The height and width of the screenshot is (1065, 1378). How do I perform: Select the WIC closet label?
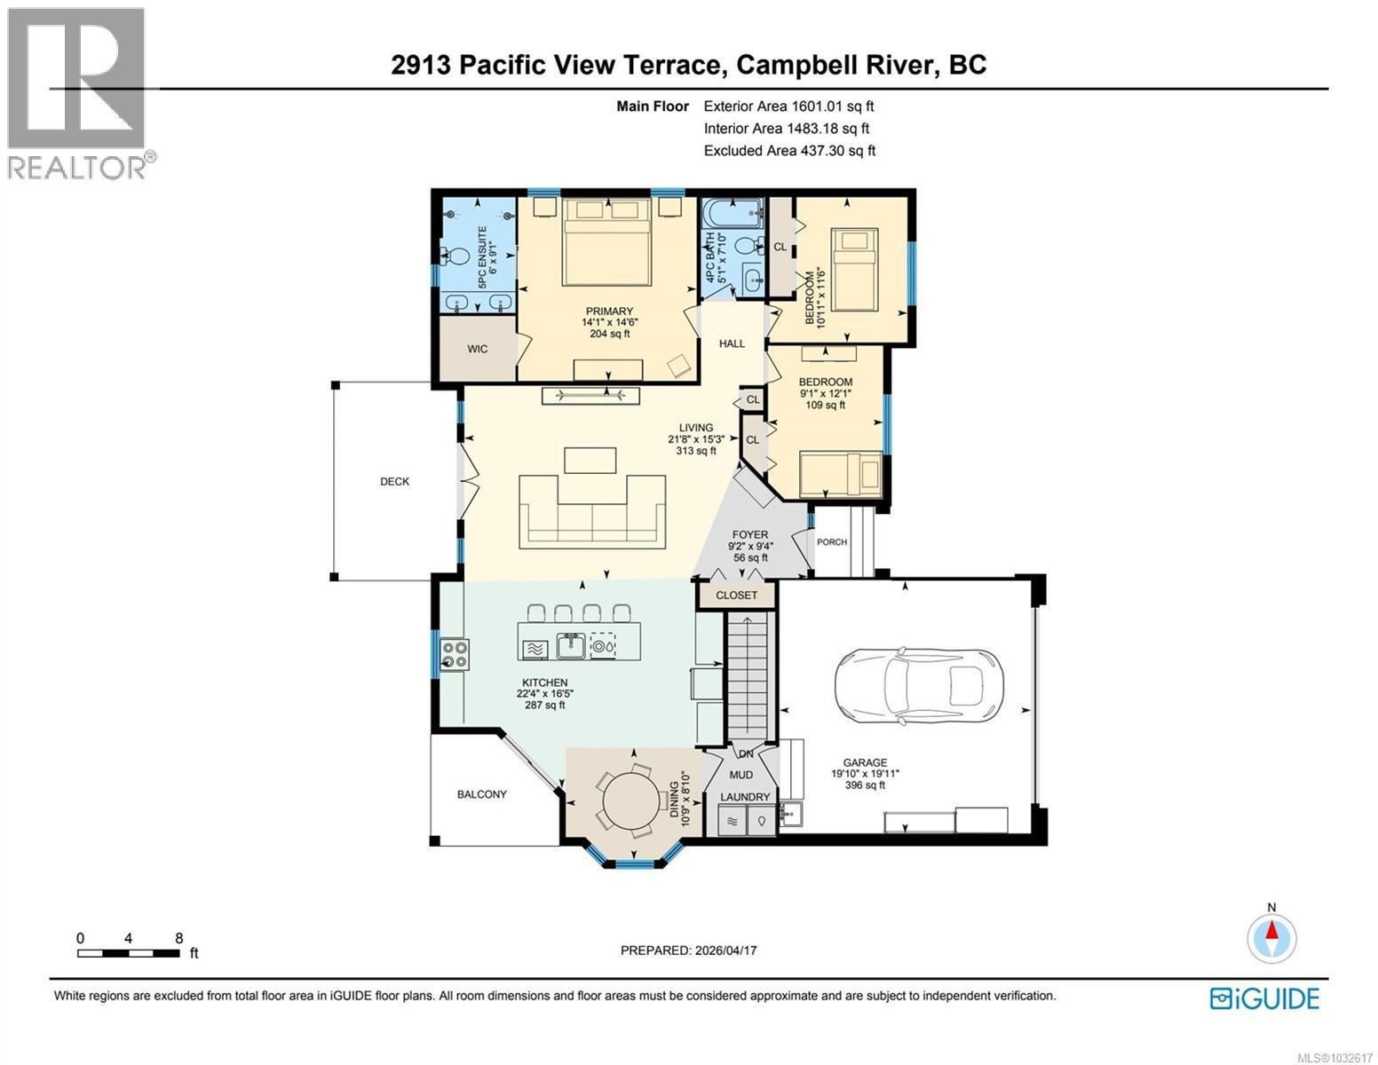tap(478, 349)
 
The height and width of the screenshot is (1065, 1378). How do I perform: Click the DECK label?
tap(395, 482)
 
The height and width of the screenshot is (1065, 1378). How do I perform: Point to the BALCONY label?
tap(481, 794)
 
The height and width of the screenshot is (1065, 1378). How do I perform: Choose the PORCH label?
tap(831, 542)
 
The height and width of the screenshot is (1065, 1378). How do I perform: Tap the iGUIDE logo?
tap(1264, 998)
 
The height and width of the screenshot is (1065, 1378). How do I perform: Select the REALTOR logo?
tap(76, 93)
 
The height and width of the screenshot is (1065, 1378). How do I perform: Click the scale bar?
tap(128, 953)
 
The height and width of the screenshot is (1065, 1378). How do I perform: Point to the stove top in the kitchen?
tap(454, 654)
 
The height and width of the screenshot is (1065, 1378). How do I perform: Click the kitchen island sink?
tap(570, 646)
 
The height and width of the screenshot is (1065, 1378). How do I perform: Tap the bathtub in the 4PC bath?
tap(732, 213)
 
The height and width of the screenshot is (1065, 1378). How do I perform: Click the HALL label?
tap(732, 343)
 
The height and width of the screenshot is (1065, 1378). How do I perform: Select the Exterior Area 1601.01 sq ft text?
tap(788, 106)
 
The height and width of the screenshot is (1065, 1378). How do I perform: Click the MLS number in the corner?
tap(1335, 1057)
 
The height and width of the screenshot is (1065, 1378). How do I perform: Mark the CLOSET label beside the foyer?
tap(737, 595)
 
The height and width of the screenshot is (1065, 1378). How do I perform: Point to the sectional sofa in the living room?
tap(593, 510)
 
